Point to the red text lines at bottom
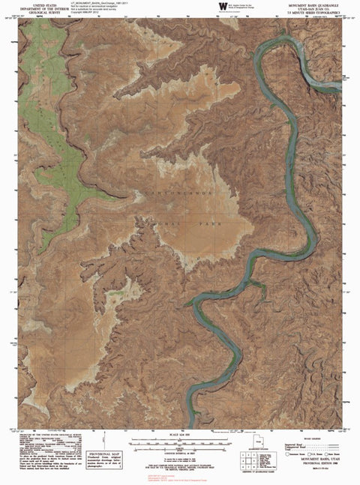click(181, 478)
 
